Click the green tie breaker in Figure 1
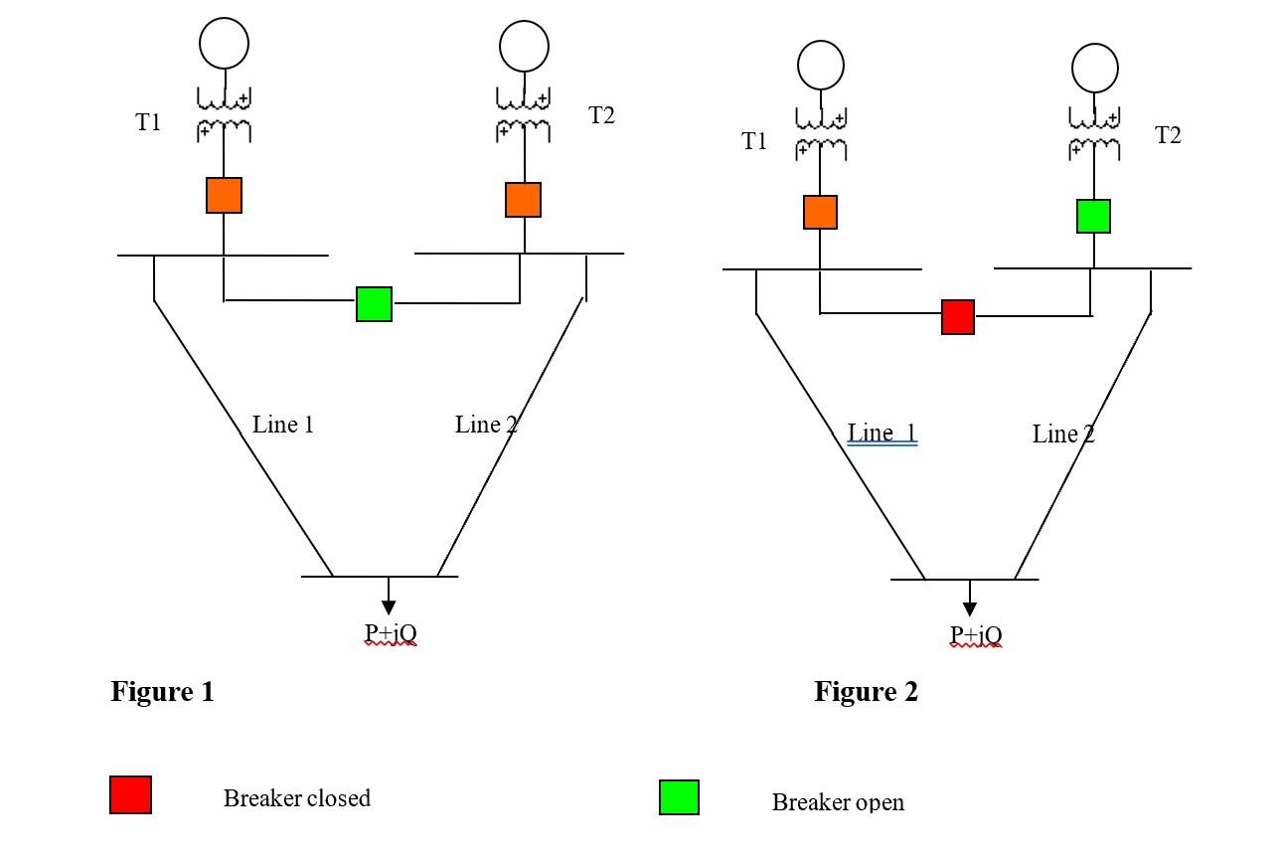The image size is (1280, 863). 374,304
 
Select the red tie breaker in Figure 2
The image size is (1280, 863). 958,317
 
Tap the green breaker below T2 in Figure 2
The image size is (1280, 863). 1093,216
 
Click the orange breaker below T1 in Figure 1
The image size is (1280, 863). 224,195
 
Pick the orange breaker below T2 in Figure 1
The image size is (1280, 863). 523,200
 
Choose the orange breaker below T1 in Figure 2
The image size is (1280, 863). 820,212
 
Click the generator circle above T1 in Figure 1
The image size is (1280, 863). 224,44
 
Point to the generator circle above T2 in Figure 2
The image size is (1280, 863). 1094,69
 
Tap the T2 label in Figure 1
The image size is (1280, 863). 601,115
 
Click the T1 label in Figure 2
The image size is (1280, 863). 754,142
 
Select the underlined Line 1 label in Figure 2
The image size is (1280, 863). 881,433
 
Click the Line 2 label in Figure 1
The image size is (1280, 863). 486,425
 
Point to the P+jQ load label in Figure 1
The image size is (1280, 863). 390,633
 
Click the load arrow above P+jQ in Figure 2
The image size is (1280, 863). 969,601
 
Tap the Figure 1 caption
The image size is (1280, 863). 162,692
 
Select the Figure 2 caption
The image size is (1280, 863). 866,692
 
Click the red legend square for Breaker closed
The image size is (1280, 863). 130,795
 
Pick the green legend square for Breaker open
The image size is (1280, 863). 679,797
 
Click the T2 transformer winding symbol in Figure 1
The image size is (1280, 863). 524,114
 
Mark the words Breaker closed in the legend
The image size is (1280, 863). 296,798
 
